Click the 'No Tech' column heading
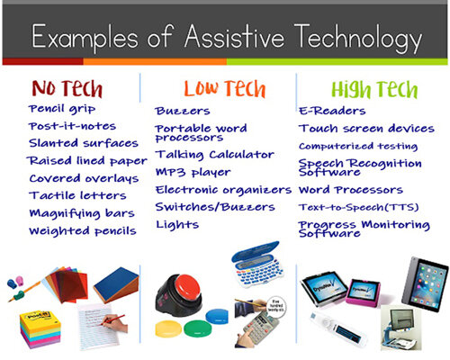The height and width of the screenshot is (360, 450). click(67, 88)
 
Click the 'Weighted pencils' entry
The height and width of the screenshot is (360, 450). click(82, 231)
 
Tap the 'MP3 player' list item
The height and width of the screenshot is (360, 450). click(193, 173)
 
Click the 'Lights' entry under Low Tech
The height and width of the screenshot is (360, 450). click(176, 223)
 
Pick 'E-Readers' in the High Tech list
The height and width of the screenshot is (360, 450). click(332, 111)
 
